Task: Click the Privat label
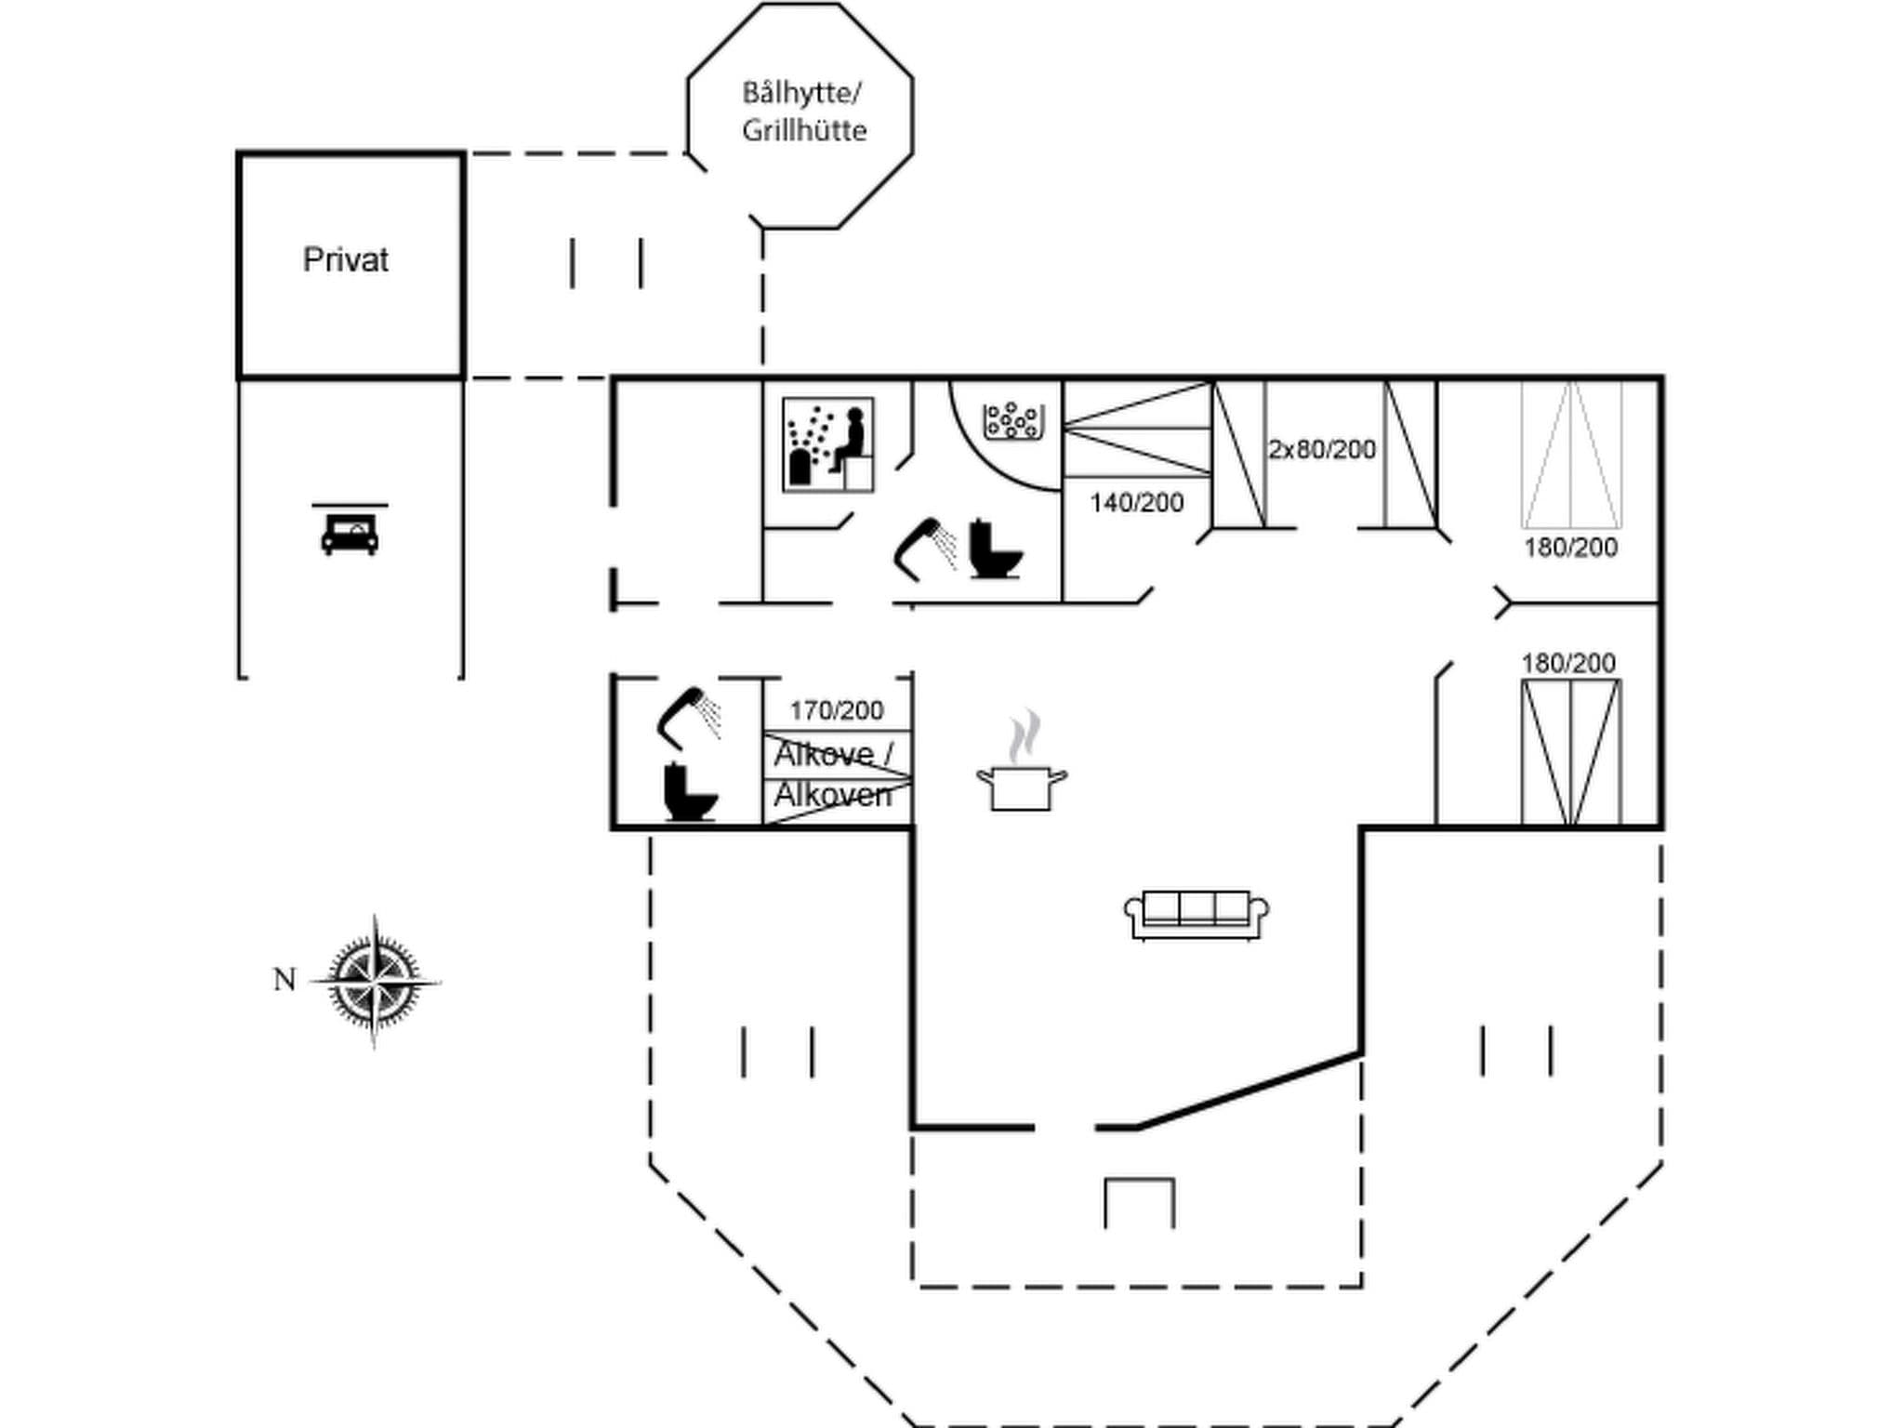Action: pyautogui.click(x=345, y=260)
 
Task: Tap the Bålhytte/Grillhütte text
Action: pyautogui.click(x=803, y=112)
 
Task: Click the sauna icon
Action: pyautogui.click(x=827, y=444)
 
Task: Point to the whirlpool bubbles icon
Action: pyautogui.click(x=1012, y=420)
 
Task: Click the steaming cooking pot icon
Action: pyautogui.click(x=1021, y=764)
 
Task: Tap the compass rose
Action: pyautogui.click(x=375, y=981)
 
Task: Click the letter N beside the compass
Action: pyautogui.click(x=284, y=980)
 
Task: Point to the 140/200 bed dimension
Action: pyautogui.click(x=1136, y=503)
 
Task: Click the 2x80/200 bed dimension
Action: pyautogui.click(x=1321, y=450)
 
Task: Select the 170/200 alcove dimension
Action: pyautogui.click(x=836, y=711)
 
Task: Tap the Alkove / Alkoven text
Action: pyautogui.click(x=833, y=774)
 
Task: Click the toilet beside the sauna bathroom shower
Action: pyautogui.click(x=995, y=550)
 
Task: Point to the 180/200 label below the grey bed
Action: pyautogui.click(x=1570, y=548)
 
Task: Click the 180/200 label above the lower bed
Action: pyautogui.click(x=1567, y=663)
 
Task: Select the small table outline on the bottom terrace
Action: pyautogui.click(x=1139, y=1202)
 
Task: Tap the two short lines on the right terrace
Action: pyautogui.click(x=1516, y=1051)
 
